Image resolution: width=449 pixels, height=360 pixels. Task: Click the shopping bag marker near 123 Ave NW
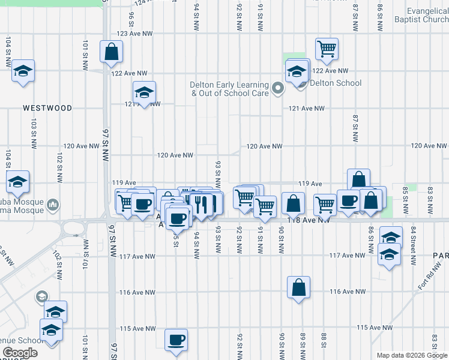coord(112,52)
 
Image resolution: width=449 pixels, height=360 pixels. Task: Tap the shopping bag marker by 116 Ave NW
coord(298,289)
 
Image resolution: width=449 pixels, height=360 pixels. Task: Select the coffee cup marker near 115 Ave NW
coord(176,340)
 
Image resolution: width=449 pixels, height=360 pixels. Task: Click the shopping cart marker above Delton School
coord(327,50)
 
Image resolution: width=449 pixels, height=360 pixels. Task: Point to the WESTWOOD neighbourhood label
coord(47,109)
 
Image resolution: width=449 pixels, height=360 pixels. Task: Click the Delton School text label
coord(336,83)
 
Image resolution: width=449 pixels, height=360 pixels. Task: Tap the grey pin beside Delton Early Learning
coord(277,89)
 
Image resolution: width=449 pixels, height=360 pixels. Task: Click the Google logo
coord(20,353)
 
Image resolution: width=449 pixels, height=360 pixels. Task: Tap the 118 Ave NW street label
coord(309,220)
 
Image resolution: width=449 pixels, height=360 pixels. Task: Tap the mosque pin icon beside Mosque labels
coord(53,205)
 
